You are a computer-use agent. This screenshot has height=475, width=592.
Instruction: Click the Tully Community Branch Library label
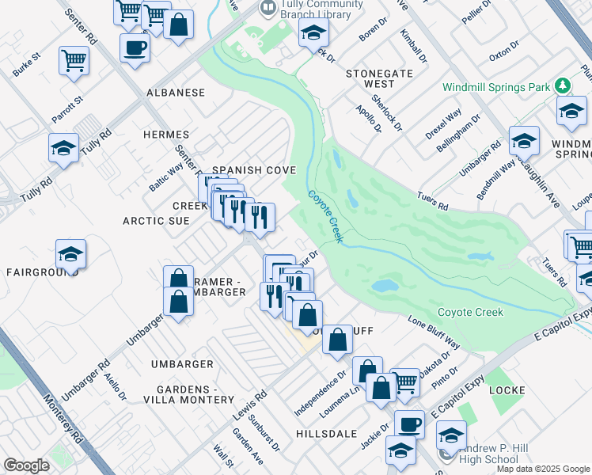(305, 10)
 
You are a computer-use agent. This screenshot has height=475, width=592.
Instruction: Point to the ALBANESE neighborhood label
(176, 93)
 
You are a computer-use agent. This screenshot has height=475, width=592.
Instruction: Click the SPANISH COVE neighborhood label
(253, 170)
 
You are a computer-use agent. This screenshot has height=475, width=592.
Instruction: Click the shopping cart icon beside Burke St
(74, 59)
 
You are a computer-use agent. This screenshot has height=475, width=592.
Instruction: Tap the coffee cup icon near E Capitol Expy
(409, 424)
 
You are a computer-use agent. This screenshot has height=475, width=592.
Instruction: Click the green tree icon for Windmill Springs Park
(563, 85)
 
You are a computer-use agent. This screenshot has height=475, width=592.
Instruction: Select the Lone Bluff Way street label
(434, 332)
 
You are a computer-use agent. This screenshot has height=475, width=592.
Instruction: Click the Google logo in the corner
(26, 465)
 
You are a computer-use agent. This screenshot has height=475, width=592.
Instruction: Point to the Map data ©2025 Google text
(543, 469)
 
